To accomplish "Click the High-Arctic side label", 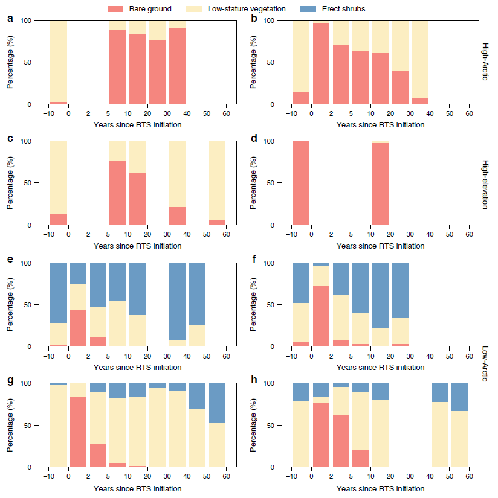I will [x=485, y=62].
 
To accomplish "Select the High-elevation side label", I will [x=485, y=184].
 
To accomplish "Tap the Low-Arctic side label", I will [x=485, y=365].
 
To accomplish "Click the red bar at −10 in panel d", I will [x=301, y=183].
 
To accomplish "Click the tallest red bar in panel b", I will [x=321, y=63].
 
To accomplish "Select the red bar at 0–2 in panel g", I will [x=78, y=432].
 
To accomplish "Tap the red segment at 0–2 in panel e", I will [x=78, y=328].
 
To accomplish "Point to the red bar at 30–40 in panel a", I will [x=176, y=66].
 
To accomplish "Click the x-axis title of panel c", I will [x=138, y=246].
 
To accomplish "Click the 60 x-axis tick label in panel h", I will [x=469, y=477].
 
